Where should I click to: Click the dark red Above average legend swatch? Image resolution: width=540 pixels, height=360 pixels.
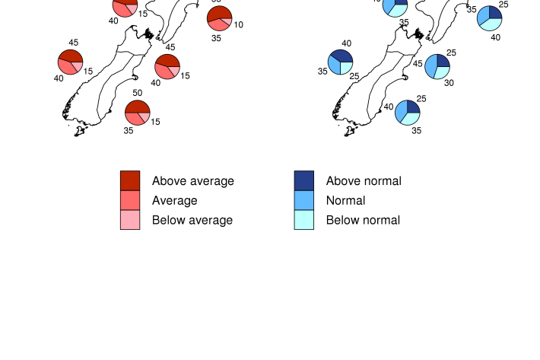(130, 180)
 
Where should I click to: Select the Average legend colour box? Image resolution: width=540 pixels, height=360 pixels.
(130, 200)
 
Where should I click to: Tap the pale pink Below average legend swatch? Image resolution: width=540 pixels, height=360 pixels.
(130, 220)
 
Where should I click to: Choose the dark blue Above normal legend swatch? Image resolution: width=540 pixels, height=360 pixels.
(304, 180)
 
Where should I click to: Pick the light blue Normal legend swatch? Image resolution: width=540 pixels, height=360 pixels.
(304, 200)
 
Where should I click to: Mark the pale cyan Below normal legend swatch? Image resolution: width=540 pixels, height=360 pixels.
(304, 220)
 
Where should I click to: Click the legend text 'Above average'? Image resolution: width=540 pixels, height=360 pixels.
(193, 181)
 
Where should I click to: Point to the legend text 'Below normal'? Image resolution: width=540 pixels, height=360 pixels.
(363, 221)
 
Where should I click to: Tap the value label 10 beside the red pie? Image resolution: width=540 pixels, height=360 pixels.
(238, 25)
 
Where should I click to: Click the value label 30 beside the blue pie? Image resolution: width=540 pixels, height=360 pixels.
(449, 83)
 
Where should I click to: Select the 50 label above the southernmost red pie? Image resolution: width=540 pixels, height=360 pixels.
(138, 93)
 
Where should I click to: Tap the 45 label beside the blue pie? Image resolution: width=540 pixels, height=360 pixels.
(418, 64)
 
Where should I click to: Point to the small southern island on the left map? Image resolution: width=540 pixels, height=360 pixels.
(80, 131)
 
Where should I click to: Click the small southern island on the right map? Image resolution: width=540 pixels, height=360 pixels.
(350, 131)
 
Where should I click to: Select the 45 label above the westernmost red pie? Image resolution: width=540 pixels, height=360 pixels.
(74, 43)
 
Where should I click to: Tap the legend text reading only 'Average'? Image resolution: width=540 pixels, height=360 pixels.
(175, 201)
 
